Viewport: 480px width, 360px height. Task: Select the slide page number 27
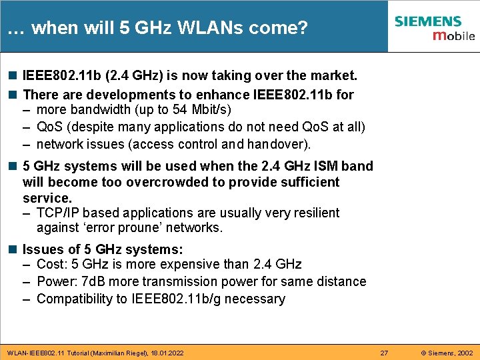[x=384, y=351]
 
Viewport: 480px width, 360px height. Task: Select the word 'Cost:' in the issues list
[x=53, y=265]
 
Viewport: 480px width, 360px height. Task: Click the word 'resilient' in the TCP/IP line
[x=313, y=213]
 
